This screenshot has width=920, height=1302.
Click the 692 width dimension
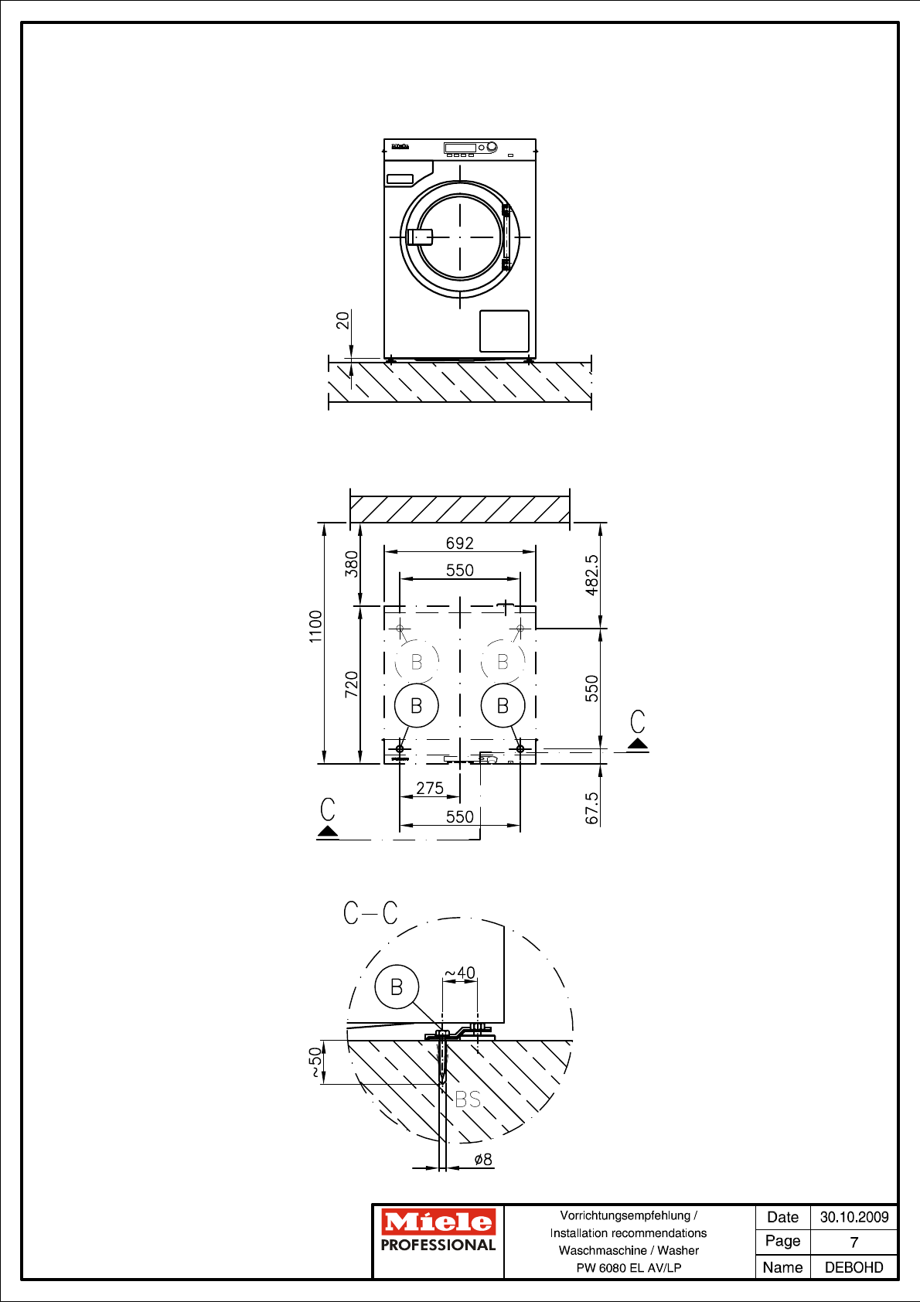click(x=459, y=543)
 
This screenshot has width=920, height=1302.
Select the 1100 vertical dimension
click(x=315, y=626)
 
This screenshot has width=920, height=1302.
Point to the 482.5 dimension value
click(x=591, y=575)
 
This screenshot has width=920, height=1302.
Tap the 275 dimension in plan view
click(x=430, y=788)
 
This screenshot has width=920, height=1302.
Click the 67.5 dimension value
click(x=591, y=808)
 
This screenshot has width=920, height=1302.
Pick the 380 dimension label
click(x=352, y=564)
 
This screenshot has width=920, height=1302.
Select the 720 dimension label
click(x=352, y=684)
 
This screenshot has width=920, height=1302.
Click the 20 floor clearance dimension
click(x=342, y=319)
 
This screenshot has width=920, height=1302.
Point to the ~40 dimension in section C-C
click(x=460, y=973)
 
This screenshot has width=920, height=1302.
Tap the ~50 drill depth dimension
click(x=315, y=1062)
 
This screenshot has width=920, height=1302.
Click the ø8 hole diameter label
click(x=482, y=1159)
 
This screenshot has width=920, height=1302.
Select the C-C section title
click(x=370, y=912)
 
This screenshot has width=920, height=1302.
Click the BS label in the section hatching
click(x=468, y=1099)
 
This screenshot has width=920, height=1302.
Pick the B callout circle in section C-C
click(x=397, y=987)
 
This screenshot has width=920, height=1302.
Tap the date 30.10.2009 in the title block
click(x=854, y=1217)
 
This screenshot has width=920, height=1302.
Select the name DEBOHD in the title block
click(x=854, y=1267)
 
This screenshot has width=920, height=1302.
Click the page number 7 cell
click(x=854, y=1242)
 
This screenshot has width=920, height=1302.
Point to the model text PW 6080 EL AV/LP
click(x=629, y=1267)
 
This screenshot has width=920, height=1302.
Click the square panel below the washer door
click(x=504, y=331)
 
